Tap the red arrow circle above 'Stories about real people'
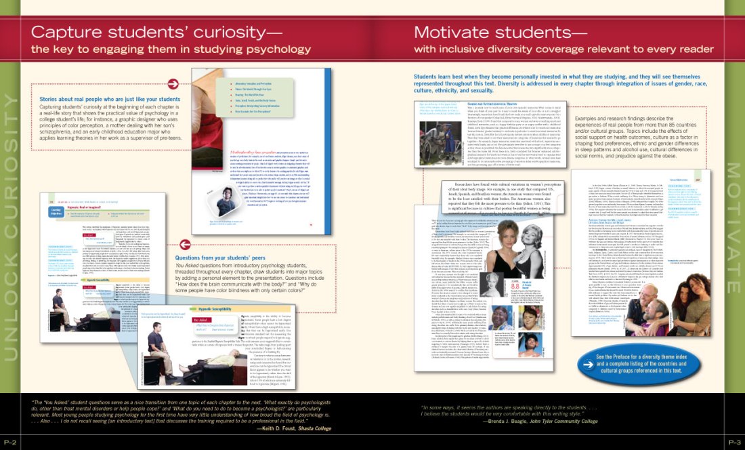tap(173, 83)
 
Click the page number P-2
tap(9, 442)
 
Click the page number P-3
tap(735, 442)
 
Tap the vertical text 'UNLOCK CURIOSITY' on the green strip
tap(9, 224)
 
